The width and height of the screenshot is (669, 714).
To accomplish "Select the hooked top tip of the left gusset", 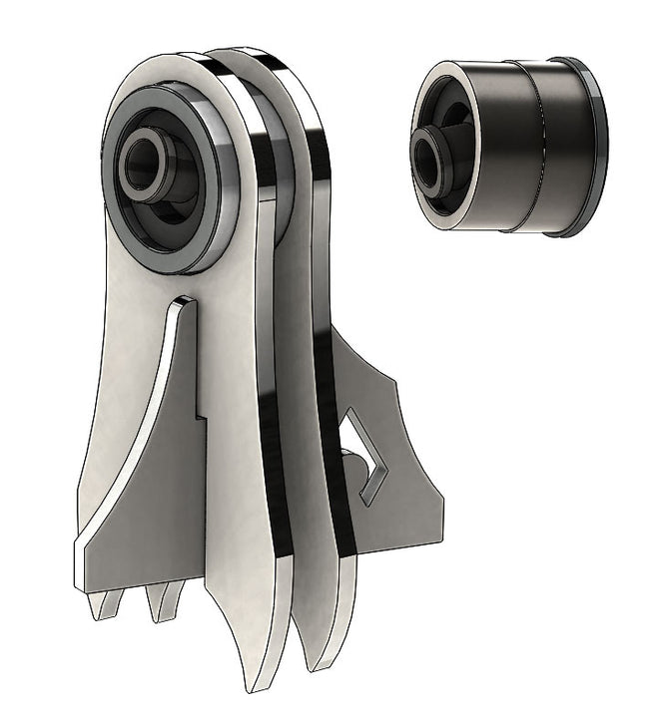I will pyautogui.click(x=181, y=300).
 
